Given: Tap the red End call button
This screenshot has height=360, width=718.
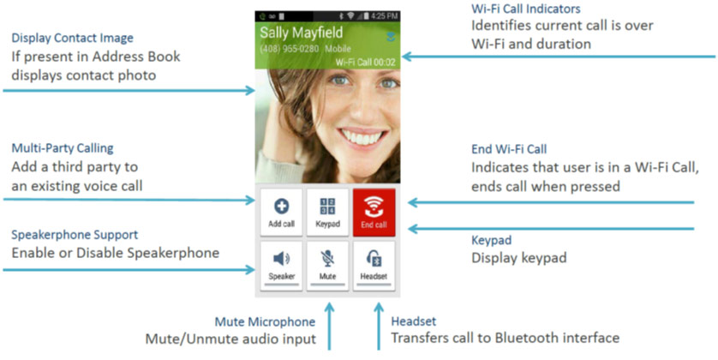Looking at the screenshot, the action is click(x=374, y=212).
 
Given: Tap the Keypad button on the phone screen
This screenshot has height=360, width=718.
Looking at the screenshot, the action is click(x=327, y=212).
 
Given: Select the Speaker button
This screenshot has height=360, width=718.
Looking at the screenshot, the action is click(x=281, y=266).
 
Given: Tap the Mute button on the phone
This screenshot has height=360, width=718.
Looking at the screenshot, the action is click(x=327, y=266).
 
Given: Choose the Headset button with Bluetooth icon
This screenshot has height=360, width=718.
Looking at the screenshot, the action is click(x=374, y=266).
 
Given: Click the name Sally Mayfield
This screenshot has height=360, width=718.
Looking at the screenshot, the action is click(x=302, y=33).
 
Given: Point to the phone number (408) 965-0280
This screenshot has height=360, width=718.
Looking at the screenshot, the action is click(x=290, y=49).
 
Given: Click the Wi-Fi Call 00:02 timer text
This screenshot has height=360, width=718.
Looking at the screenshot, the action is click(x=365, y=63).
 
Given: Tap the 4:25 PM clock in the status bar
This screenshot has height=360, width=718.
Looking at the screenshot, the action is click(x=384, y=16).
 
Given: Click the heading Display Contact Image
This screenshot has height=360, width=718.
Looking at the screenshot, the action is click(x=72, y=38).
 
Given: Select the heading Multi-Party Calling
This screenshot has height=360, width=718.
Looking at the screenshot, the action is click(x=63, y=148).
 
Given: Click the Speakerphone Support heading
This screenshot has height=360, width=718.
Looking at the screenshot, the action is click(x=75, y=235).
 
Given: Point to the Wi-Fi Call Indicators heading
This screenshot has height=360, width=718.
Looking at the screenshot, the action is click(x=526, y=9).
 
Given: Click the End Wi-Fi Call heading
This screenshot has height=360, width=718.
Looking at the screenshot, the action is click(x=509, y=149).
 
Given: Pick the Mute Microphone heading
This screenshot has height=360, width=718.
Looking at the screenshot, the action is click(x=265, y=322).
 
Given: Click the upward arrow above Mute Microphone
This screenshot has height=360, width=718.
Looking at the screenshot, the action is click(x=329, y=326).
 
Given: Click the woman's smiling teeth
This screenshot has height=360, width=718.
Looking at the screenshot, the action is click(x=362, y=137).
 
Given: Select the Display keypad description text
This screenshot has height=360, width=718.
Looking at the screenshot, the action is click(x=519, y=258).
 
